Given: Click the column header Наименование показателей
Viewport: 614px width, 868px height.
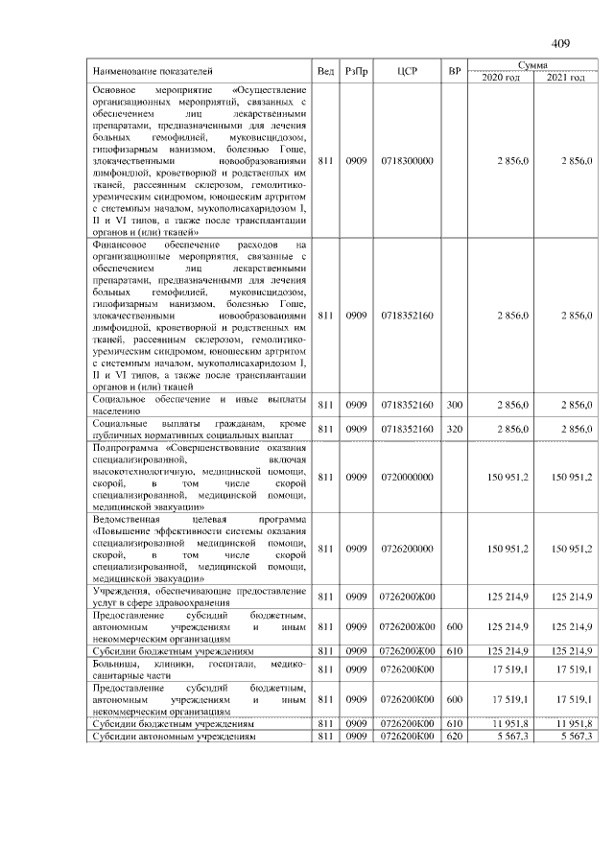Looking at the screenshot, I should (x=153, y=72).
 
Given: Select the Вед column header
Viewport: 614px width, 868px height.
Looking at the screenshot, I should (x=325, y=72).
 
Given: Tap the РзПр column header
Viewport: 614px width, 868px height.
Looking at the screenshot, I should (x=356, y=72).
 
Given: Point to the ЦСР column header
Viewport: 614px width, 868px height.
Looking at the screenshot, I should (x=407, y=72).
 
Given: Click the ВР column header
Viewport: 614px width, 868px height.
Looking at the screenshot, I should (x=455, y=72).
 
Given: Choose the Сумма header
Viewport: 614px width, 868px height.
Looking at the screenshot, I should (x=532, y=65).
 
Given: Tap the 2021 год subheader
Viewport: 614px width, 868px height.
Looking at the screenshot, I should (x=565, y=78).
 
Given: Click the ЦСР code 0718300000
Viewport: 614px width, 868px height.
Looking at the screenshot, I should (x=407, y=161).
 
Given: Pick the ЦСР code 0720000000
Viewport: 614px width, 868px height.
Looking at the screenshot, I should (x=407, y=477).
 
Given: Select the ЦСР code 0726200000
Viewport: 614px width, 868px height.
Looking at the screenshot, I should (x=407, y=549).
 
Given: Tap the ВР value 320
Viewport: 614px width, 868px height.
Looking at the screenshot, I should (x=455, y=429).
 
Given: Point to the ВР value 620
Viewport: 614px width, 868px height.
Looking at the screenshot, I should (x=455, y=736).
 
